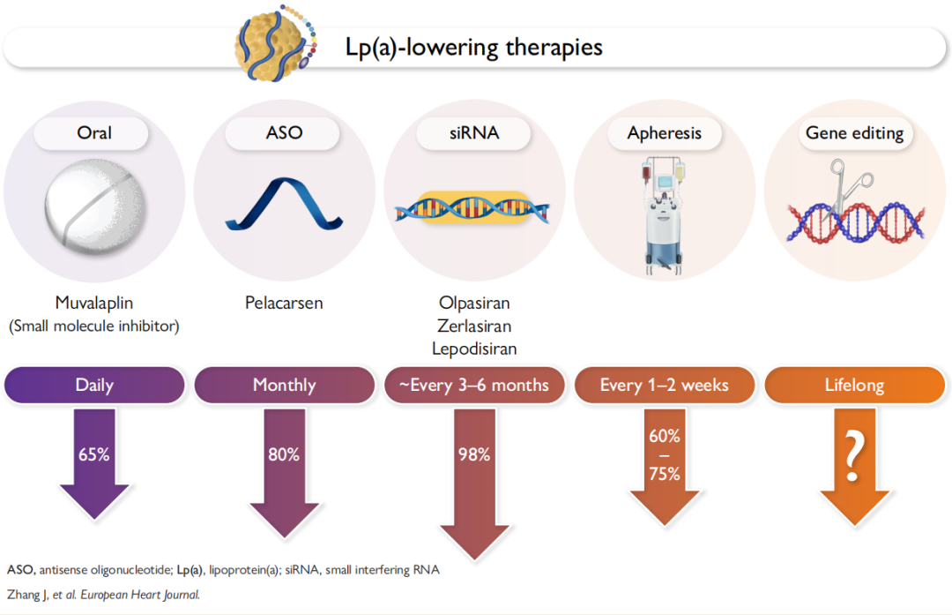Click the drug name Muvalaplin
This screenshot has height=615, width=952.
tap(94, 303)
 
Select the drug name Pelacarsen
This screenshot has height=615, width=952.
tap(284, 303)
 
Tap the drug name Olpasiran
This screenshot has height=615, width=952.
tap(473, 303)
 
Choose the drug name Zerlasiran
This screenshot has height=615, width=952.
tap(473, 326)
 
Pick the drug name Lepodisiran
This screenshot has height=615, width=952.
tap(473, 349)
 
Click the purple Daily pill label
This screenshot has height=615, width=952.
tap(94, 385)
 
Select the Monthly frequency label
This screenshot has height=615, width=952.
tap(284, 385)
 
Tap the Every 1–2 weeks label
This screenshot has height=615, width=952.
tap(664, 385)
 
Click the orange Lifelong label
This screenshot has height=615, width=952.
tap(853, 385)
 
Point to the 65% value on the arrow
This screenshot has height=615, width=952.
tap(93, 454)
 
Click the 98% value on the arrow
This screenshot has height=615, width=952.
tap(473, 454)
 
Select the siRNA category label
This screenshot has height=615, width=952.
tap(473, 133)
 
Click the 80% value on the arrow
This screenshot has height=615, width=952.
tap(284, 454)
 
